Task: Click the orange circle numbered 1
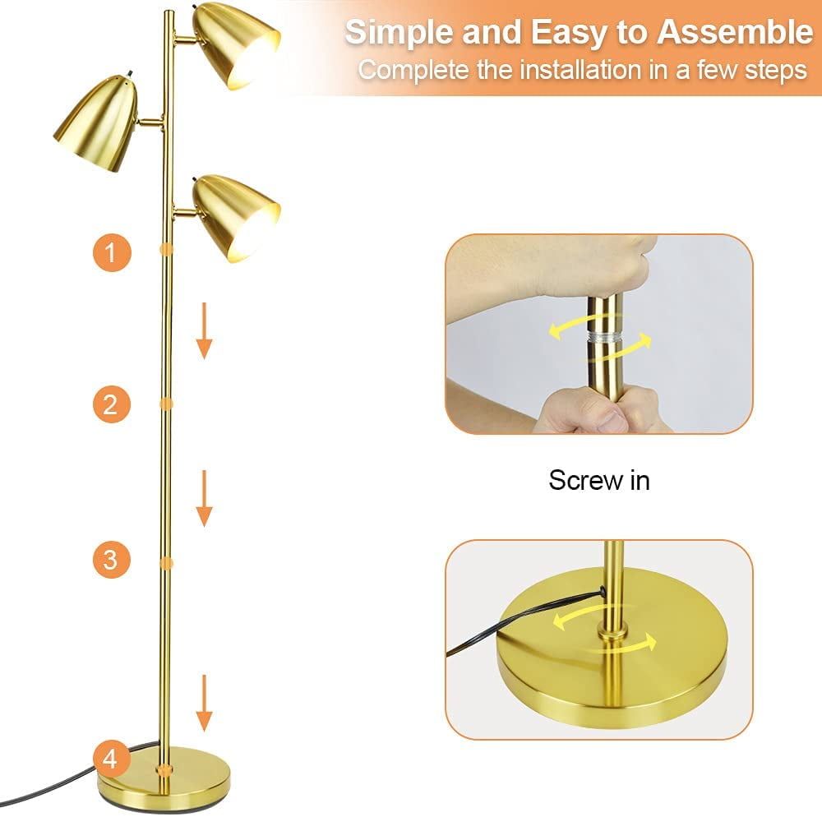[x=111, y=252]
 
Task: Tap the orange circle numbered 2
[x=111, y=404]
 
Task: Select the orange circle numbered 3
[x=111, y=559]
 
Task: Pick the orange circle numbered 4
[x=111, y=759]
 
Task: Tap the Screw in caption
[x=599, y=480]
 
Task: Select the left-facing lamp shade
[x=96, y=124]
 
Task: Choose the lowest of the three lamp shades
[x=235, y=218]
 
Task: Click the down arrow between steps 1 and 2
[x=204, y=330]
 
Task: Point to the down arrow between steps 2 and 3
[x=204, y=498]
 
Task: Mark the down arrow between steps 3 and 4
[x=204, y=704]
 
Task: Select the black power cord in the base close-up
[x=522, y=623]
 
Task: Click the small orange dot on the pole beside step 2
[x=166, y=404]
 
